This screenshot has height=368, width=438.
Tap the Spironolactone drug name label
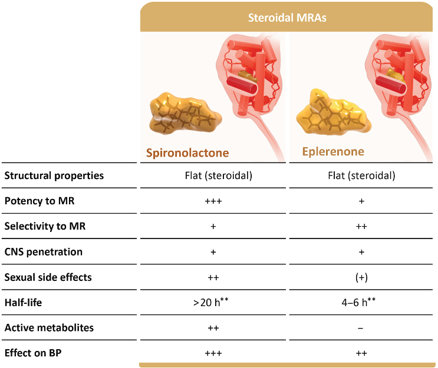(x=187, y=154)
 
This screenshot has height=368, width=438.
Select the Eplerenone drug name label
(x=332, y=151)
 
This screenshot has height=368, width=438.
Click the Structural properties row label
(x=54, y=175)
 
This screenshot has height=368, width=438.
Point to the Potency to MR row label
(x=39, y=201)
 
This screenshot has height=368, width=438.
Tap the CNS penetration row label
(x=44, y=251)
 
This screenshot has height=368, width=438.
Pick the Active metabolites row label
(x=49, y=328)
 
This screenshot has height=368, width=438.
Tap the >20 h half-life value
(x=213, y=303)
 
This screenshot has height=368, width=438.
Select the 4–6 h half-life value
(x=361, y=303)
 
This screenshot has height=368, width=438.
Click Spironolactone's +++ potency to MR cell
(x=213, y=201)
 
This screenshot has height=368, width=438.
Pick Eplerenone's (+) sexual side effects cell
(x=361, y=277)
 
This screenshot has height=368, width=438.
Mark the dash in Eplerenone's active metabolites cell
(x=361, y=328)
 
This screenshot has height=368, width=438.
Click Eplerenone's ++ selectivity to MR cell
(x=361, y=226)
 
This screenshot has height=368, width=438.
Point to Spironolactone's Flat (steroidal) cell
(x=213, y=175)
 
